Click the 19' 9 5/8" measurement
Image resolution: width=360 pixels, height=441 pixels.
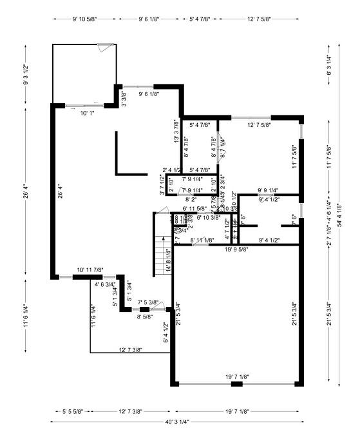[236, 249]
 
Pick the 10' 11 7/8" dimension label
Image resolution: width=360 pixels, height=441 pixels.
[90, 269]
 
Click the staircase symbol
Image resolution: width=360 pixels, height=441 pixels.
[160, 244]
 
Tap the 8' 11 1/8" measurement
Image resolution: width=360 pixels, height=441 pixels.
[207, 240]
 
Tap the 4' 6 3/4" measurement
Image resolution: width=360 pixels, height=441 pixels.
[105, 284]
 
